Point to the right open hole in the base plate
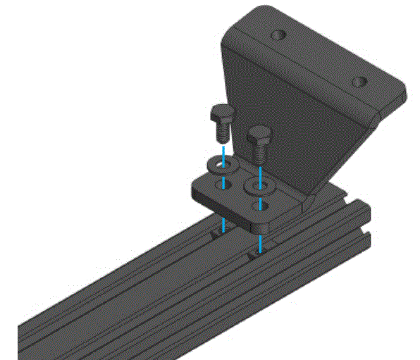[264, 206]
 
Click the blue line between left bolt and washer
[223, 150]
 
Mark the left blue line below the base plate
[223, 224]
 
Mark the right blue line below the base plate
[261, 244]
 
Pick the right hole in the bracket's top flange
[359, 82]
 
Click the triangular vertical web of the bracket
[282, 113]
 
